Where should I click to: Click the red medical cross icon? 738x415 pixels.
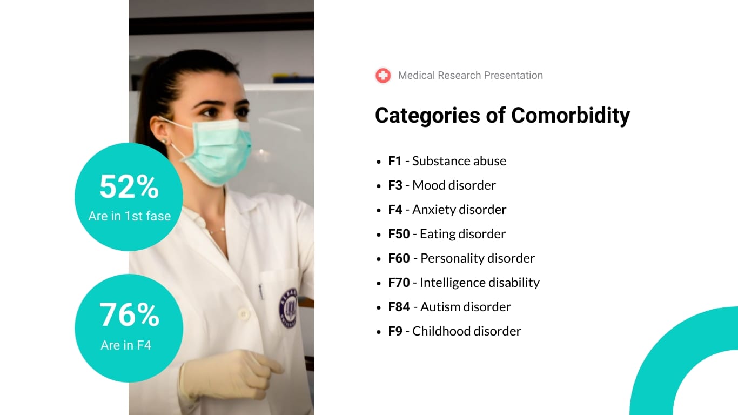tap(383, 76)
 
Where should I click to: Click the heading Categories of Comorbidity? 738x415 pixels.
tap(502, 115)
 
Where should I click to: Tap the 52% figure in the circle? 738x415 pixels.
tap(129, 187)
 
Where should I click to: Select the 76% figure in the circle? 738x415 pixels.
tap(129, 314)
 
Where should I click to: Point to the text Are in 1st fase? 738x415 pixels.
tap(129, 216)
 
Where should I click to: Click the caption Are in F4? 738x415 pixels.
tap(126, 345)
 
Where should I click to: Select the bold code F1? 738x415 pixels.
tap(395, 161)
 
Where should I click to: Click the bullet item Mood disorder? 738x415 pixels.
tap(454, 185)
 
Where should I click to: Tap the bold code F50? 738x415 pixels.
tap(399, 234)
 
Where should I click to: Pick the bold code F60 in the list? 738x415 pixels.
tap(399, 258)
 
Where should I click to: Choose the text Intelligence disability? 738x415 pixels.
tap(479, 283)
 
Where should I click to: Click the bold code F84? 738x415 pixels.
tap(399, 307)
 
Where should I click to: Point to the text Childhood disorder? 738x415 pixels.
tap(466, 331)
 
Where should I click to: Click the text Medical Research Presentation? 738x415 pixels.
tap(470, 76)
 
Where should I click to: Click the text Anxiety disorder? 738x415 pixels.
tap(459, 210)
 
